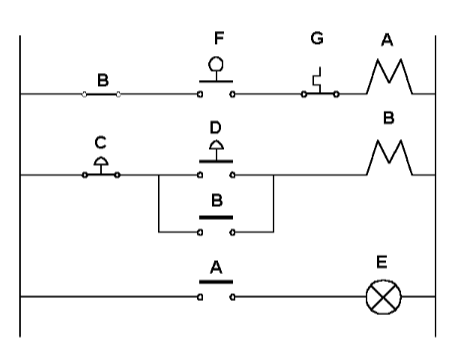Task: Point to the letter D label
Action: [x=216, y=128]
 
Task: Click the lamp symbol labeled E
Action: [x=380, y=297]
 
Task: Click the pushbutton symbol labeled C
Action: [x=101, y=166]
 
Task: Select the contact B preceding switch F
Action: [x=101, y=95]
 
